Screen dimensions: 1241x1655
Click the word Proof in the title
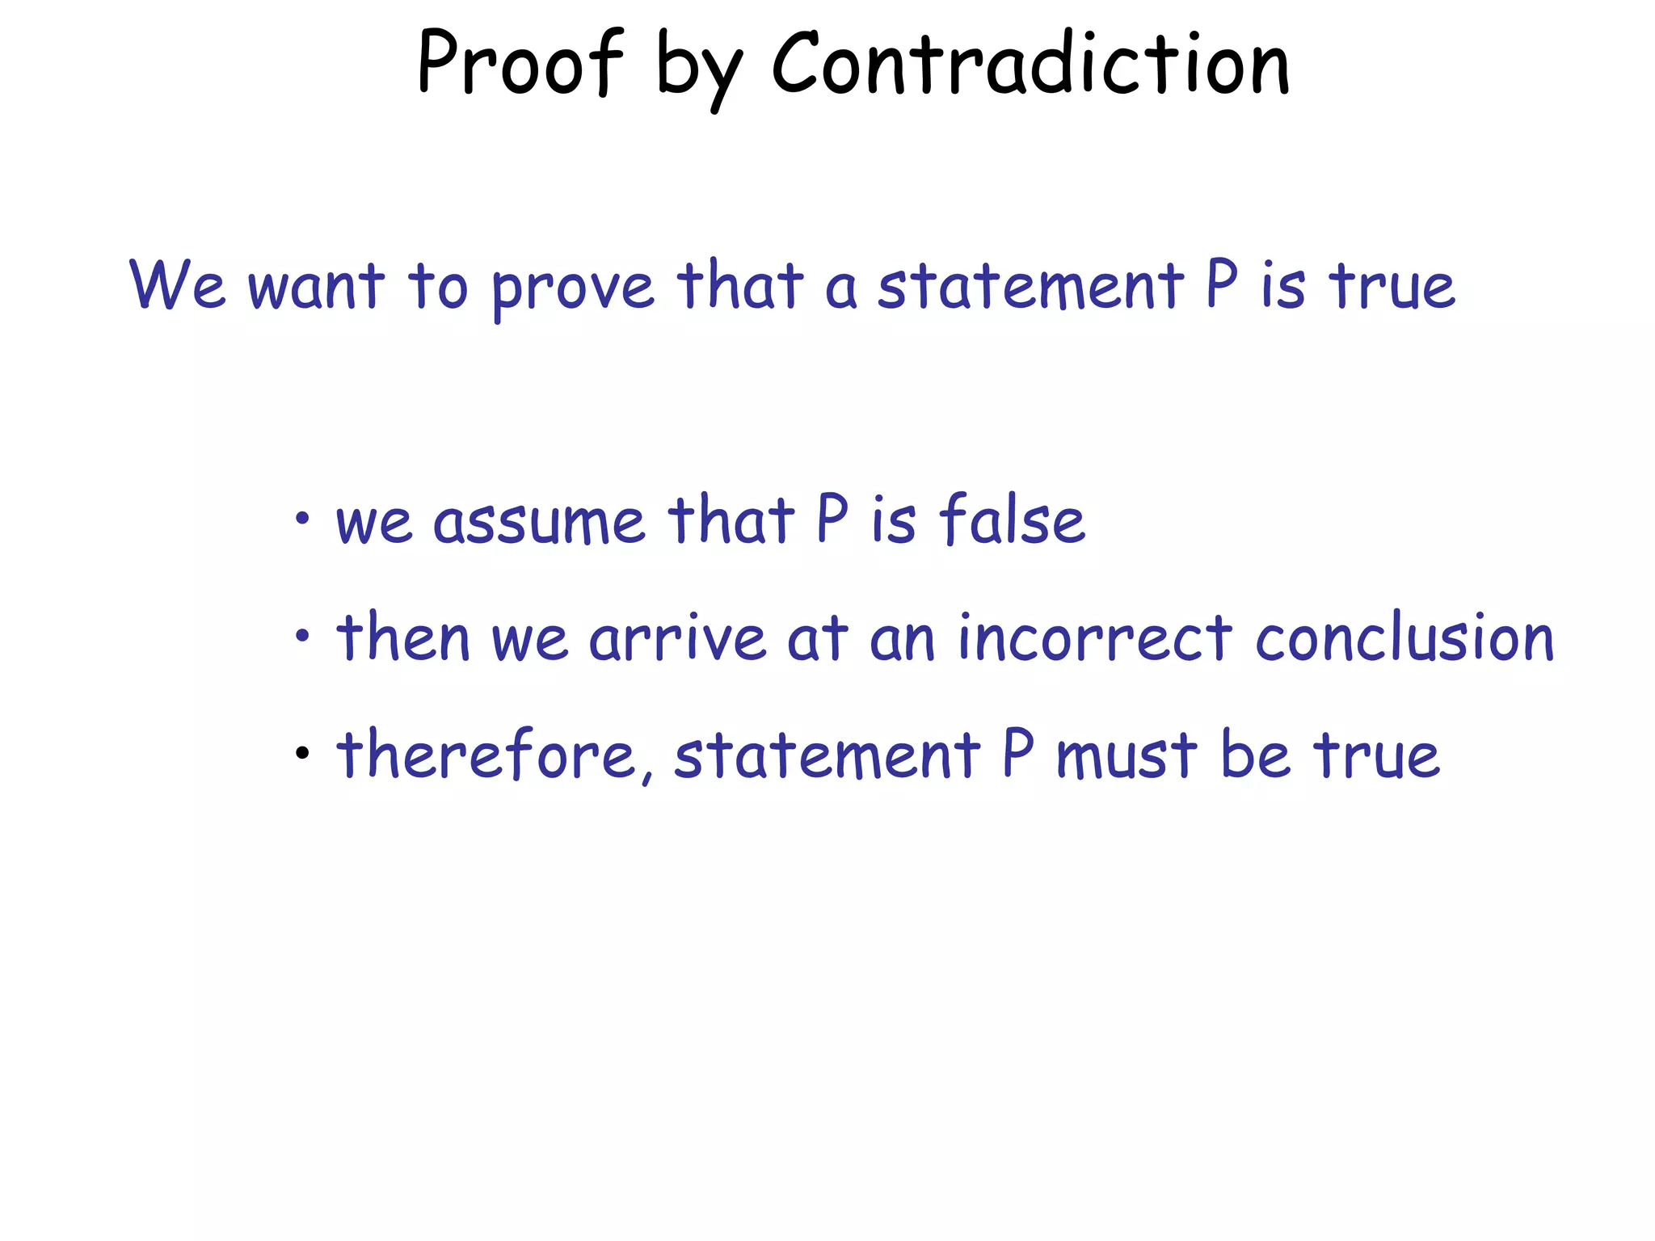point(520,63)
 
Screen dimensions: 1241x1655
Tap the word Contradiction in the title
point(1030,63)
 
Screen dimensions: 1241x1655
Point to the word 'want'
point(316,286)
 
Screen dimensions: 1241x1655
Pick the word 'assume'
point(538,520)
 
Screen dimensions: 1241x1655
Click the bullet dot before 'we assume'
point(302,518)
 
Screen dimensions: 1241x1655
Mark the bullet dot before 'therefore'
point(302,754)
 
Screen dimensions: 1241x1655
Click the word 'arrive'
point(677,638)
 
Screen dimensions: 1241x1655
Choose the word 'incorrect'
point(1095,637)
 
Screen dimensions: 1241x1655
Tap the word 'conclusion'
point(1404,637)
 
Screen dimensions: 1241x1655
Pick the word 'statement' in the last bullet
point(827,755)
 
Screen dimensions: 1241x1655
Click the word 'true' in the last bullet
point(1376,755)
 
